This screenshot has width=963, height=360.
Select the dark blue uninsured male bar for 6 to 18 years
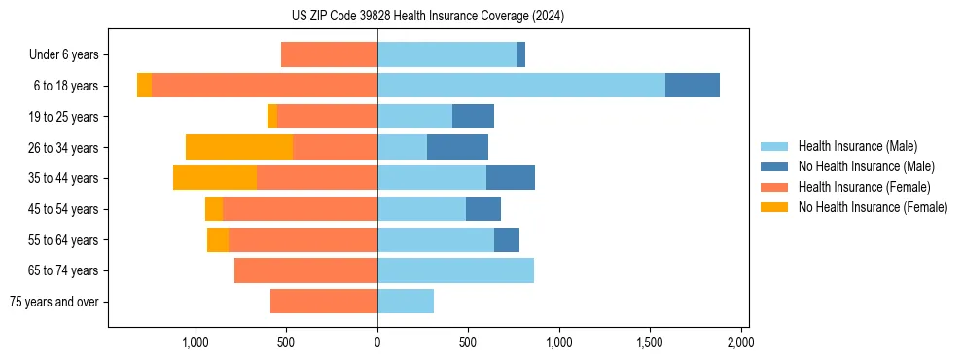pos(692,86)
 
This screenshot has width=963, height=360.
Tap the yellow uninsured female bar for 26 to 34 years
pos(238,147)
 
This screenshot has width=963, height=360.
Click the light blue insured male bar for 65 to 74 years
pos(455,270)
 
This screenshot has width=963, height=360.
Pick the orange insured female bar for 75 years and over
pos(324,302)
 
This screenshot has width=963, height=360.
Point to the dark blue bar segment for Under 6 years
pos(521,54)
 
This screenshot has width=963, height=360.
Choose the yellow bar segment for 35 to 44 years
pos(214,178)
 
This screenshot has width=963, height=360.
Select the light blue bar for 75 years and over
pos(406,302)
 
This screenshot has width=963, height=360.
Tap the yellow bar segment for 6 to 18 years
pos(144,86)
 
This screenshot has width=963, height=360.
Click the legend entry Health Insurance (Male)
pos(857,146)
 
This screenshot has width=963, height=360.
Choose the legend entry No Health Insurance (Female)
pos(872,207)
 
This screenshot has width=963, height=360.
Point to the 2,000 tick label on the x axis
pos(741,342)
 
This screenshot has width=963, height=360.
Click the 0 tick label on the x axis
pos(377,342)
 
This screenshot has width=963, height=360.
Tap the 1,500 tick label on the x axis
pos(650,342)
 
